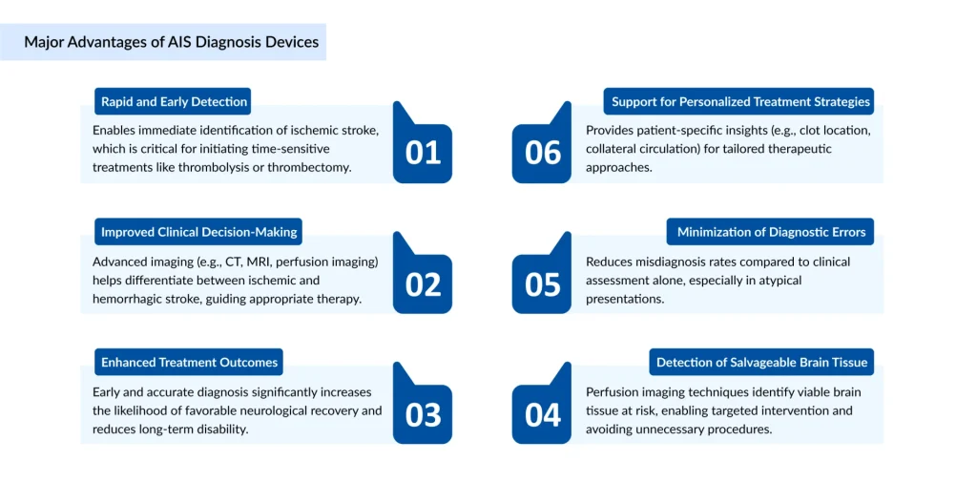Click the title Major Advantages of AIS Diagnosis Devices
click(172, 42)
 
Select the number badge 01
click(423, 153)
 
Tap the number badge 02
click(423, 284)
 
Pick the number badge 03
click(423, 414)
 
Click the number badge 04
click(543, 414)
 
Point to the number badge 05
click(543, 284)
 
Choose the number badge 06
click(543, 153)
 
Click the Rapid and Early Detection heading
click(175, 101)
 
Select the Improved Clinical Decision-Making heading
click(198, 232)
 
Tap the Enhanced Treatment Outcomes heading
click(189, 362)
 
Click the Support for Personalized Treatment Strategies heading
click(740, 101)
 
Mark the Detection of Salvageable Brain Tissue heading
click(760, 362)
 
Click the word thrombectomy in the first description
click(310, 167)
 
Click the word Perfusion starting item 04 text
click(613, 391)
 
